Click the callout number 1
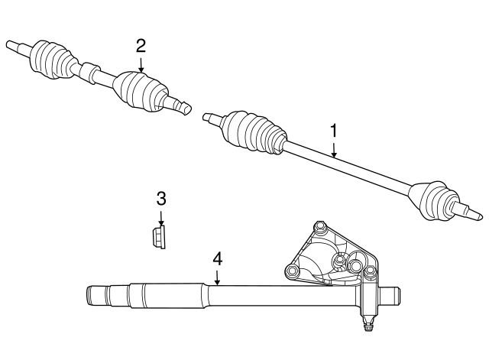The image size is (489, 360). point(333,131)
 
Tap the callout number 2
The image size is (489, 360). point(141,44)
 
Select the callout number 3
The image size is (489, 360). point(161,199)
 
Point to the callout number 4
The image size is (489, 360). point(217,259)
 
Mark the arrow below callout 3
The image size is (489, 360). point(161,217)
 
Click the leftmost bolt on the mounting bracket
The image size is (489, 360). point(290,272)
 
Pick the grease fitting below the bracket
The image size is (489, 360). point(369,326)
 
